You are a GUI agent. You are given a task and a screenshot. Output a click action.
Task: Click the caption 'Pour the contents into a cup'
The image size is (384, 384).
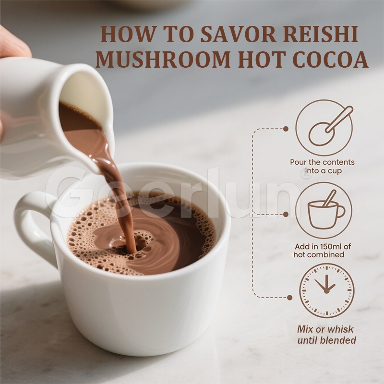[322, 167]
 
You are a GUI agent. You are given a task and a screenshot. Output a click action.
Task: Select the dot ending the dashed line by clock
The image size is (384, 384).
[289, 298]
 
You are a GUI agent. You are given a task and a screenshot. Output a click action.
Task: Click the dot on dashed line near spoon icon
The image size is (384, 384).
[286, 129]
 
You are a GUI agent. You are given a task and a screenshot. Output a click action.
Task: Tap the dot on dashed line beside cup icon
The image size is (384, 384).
[286, 214]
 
